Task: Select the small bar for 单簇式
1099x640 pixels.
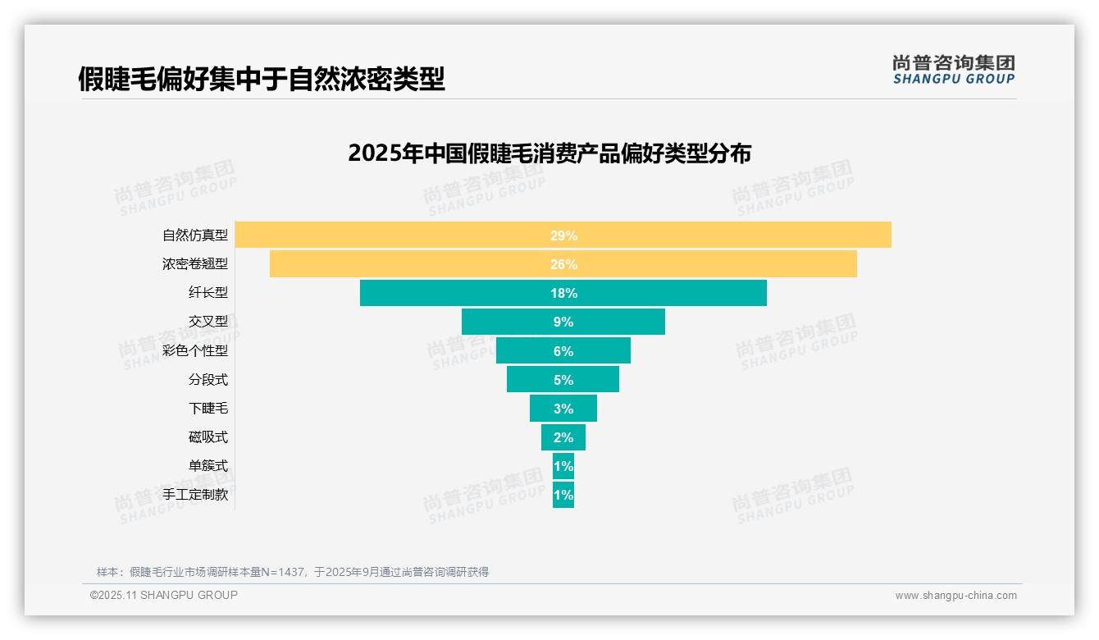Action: (563, 466)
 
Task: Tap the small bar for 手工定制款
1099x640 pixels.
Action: (563, 495)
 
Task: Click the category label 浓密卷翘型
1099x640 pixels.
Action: (195, 264)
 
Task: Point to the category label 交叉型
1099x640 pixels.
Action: (208, 322)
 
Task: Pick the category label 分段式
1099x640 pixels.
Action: (208, 380)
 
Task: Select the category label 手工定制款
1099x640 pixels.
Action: (195, 495)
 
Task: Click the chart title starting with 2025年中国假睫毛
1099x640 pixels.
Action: (549, 153)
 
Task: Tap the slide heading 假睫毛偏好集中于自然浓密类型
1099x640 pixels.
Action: (262, 79)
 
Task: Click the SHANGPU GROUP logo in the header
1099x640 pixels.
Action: (954, 70)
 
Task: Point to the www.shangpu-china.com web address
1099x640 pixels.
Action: (955, 596)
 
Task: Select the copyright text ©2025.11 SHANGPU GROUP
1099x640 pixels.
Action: (164, 595)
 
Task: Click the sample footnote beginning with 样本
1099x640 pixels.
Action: (293, 572)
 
